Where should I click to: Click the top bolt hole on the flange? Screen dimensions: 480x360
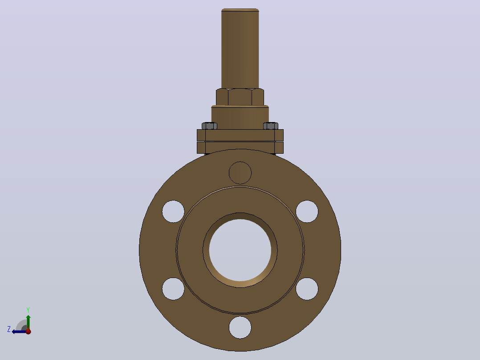coord(240,173)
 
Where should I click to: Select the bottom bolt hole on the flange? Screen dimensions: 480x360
coord(240,327)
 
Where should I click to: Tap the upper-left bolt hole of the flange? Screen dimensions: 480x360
coord(173,211)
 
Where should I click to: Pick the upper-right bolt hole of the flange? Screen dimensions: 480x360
coord(307,211)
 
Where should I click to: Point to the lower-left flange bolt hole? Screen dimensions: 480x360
coord(173,289)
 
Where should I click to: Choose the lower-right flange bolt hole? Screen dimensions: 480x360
coord(307,289)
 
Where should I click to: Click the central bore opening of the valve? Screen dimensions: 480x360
coord(240,250)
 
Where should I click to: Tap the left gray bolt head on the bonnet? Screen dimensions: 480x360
coord(209,126)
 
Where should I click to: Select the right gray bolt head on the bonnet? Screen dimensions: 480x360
coord(271,126)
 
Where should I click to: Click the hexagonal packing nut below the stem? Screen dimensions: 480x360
coord(240,97)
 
